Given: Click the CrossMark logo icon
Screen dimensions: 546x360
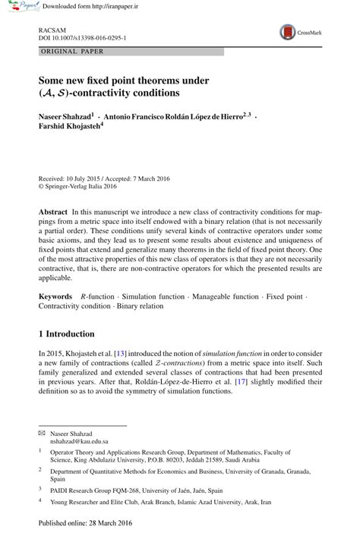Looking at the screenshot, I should (288, 32).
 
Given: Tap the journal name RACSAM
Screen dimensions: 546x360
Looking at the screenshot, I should (49, 27).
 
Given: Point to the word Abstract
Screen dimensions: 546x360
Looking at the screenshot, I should (53, 209).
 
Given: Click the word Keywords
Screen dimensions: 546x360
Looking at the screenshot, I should (56, 294).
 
